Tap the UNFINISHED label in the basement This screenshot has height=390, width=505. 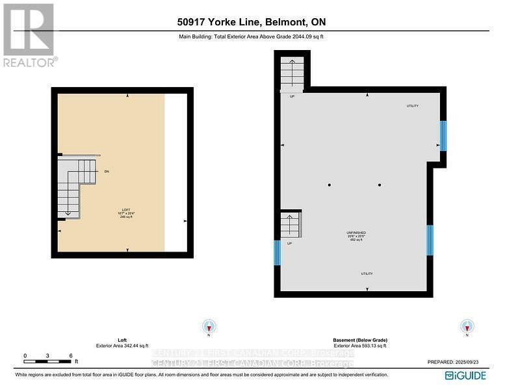[x=356, y=232]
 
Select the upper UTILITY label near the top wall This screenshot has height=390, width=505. [x=412, y=106]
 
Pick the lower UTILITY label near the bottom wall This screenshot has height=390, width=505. [x=367, y=274]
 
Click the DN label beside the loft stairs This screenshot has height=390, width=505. [x=107, y=172]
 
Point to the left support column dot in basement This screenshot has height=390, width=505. [x=330, y=185]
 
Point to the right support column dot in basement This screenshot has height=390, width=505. [x=380, y=185]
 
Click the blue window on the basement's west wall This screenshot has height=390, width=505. [x=278, y=252]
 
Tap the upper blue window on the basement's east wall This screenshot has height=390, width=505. [x=443, y=135]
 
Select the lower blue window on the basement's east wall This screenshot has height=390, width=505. [x=430, y=240]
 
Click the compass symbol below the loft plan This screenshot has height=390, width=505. [x=208, y=326]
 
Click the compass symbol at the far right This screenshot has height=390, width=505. [x=467, y=326]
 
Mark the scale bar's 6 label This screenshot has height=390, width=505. [x=70, y=356]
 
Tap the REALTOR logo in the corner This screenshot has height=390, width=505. [x=29, y=34]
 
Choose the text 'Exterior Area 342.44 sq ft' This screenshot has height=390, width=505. [x=123, y=346]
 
